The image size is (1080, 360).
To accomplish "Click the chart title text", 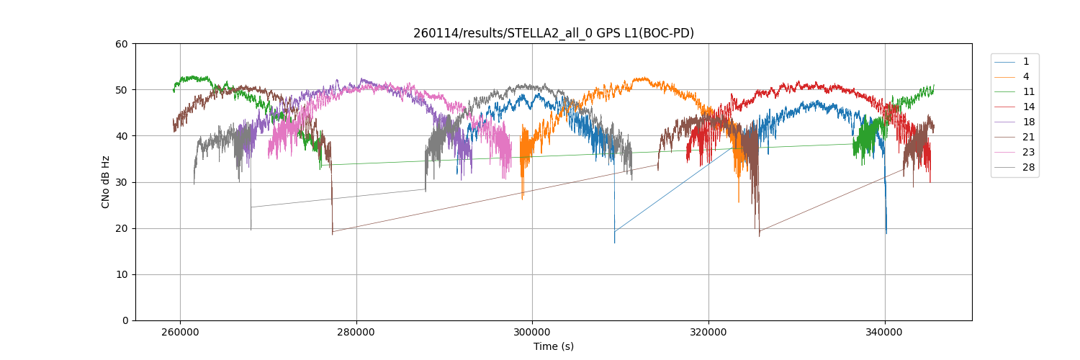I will coord(553,33).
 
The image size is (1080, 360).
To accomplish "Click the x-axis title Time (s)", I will coord(553,346).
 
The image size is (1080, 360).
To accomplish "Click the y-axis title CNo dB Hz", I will coord(106,182).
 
